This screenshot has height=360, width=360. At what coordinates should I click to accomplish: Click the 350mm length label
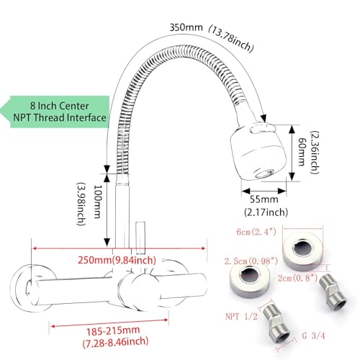[x=186, y=27]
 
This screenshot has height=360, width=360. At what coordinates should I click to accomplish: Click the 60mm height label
[x=302, y=152]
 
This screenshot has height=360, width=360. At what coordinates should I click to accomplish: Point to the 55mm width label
[x=264, y=199]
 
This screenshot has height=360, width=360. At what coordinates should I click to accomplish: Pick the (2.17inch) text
[x=266, y=212]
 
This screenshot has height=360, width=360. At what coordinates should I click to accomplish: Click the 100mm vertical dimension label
[x=97, y=202]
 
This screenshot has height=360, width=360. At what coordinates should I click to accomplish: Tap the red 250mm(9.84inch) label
[x=117, y=260]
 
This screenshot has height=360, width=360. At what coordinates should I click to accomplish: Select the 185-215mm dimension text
[x=113, y=331]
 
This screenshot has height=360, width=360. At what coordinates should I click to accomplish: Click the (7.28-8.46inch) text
[x=115, y=342]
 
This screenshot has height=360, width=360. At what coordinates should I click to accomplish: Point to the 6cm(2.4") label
[x=256, y=232]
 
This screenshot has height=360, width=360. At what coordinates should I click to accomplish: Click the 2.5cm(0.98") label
[x=251, y=261]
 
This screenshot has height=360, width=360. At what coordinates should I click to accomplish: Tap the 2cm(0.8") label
[x=298, y=278]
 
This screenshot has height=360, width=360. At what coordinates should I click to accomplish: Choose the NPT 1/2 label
[x=241, y=316]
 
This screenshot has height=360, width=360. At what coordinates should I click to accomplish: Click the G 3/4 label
[x=313, y=336]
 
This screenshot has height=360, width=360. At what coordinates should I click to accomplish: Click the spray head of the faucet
[x=258, y=151]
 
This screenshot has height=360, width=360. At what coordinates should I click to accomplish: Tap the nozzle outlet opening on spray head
[x=265, y=174]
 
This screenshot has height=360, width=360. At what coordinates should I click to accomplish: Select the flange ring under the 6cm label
[x=303, y=251]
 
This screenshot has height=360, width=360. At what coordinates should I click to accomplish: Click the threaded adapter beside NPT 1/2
[x=276, y=323]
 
